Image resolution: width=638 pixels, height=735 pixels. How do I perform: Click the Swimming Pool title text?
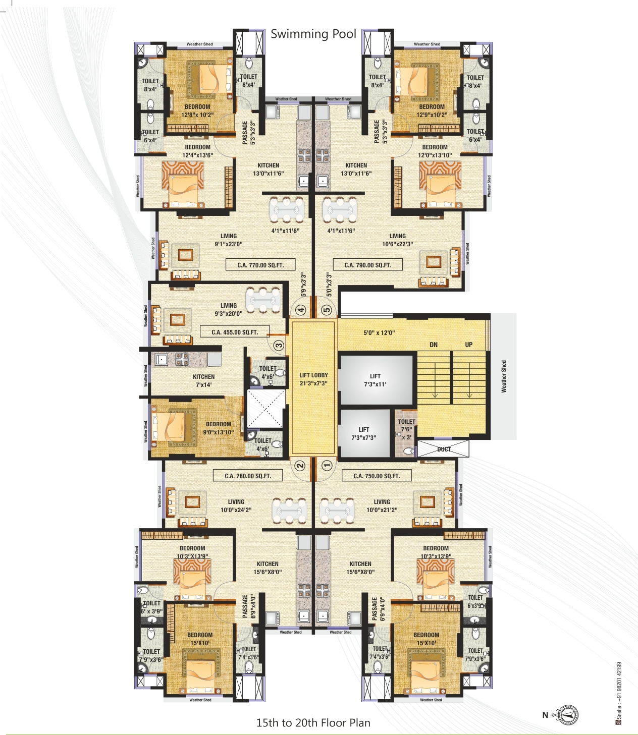pos(313,34)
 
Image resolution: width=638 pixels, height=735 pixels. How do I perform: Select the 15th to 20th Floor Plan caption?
pos(313,722)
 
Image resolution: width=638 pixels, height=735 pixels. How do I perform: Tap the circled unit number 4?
pos(301,310)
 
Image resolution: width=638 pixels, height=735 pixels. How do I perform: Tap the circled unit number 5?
pos(327,310)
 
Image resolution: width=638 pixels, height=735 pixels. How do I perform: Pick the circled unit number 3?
pos(279,346)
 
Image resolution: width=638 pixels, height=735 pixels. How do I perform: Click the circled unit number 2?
pos(300,465)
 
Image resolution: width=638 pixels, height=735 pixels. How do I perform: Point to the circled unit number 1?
pos(327,465)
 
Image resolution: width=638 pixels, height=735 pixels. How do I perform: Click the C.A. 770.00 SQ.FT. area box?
pos(260,265)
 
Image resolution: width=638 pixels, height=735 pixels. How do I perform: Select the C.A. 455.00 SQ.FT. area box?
pos(235,332)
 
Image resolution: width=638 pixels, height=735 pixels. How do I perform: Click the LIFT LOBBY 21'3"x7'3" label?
pos(313,379)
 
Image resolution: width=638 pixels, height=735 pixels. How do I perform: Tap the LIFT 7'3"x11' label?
pos(375,380)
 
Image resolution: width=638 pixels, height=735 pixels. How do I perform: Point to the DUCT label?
pos(444,449)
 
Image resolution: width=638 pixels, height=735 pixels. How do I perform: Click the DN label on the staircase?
pos(434,345)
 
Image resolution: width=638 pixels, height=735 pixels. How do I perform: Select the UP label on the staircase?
pos(469,345)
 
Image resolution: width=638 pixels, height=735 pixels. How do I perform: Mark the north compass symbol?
pos(569,715)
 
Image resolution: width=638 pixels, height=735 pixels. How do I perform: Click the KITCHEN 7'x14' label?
pos(204,380)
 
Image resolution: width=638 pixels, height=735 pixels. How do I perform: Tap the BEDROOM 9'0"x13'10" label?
pos(219,428)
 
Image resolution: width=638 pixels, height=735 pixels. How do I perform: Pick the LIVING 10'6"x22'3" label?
pos(397,240)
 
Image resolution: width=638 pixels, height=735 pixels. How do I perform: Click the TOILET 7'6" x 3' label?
pos(406,429)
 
